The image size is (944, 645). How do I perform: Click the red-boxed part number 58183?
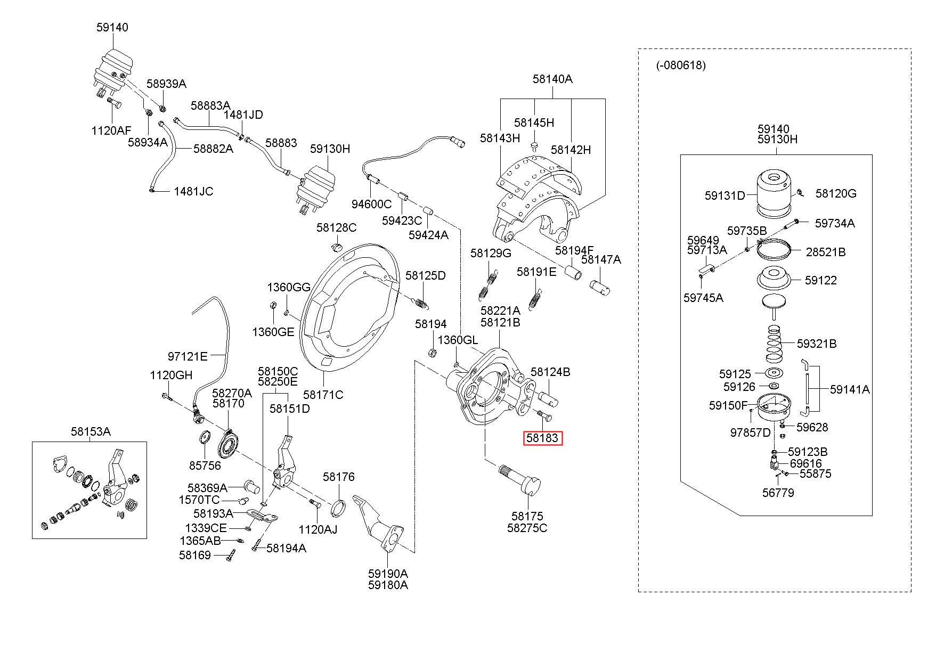pyautogui.click(x=542, y=438)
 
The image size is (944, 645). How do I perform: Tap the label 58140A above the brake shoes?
pyautogui.click(x=552, y=79)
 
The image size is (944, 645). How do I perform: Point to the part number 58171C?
pyautogui.click(x=323, y=395)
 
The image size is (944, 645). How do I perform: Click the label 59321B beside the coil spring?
pyautogui.click(x=817, y=344)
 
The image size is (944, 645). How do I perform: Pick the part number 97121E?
pyautogui.click(x=188, y=356)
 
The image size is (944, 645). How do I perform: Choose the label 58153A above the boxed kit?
pyautogui.click(x=91, y=431)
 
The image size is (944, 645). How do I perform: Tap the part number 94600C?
pyautogui.click(x=371, y=204)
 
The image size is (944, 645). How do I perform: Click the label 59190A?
pyautogui.click(x=388, y=574)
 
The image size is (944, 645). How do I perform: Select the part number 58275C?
pyautogui.click(x=527, y=528)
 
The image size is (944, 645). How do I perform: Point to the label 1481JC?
pyautogui.click(x=193, y=191)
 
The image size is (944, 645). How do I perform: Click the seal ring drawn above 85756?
pyautogui.click(x=205, y=439)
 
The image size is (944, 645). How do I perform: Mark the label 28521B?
pyautogui.click(x=826, y=252)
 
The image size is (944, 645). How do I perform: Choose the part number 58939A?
pyautogui.click(x=167, y=84)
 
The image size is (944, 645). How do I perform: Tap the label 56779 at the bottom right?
pyautogui.click(x=778, y=493)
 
